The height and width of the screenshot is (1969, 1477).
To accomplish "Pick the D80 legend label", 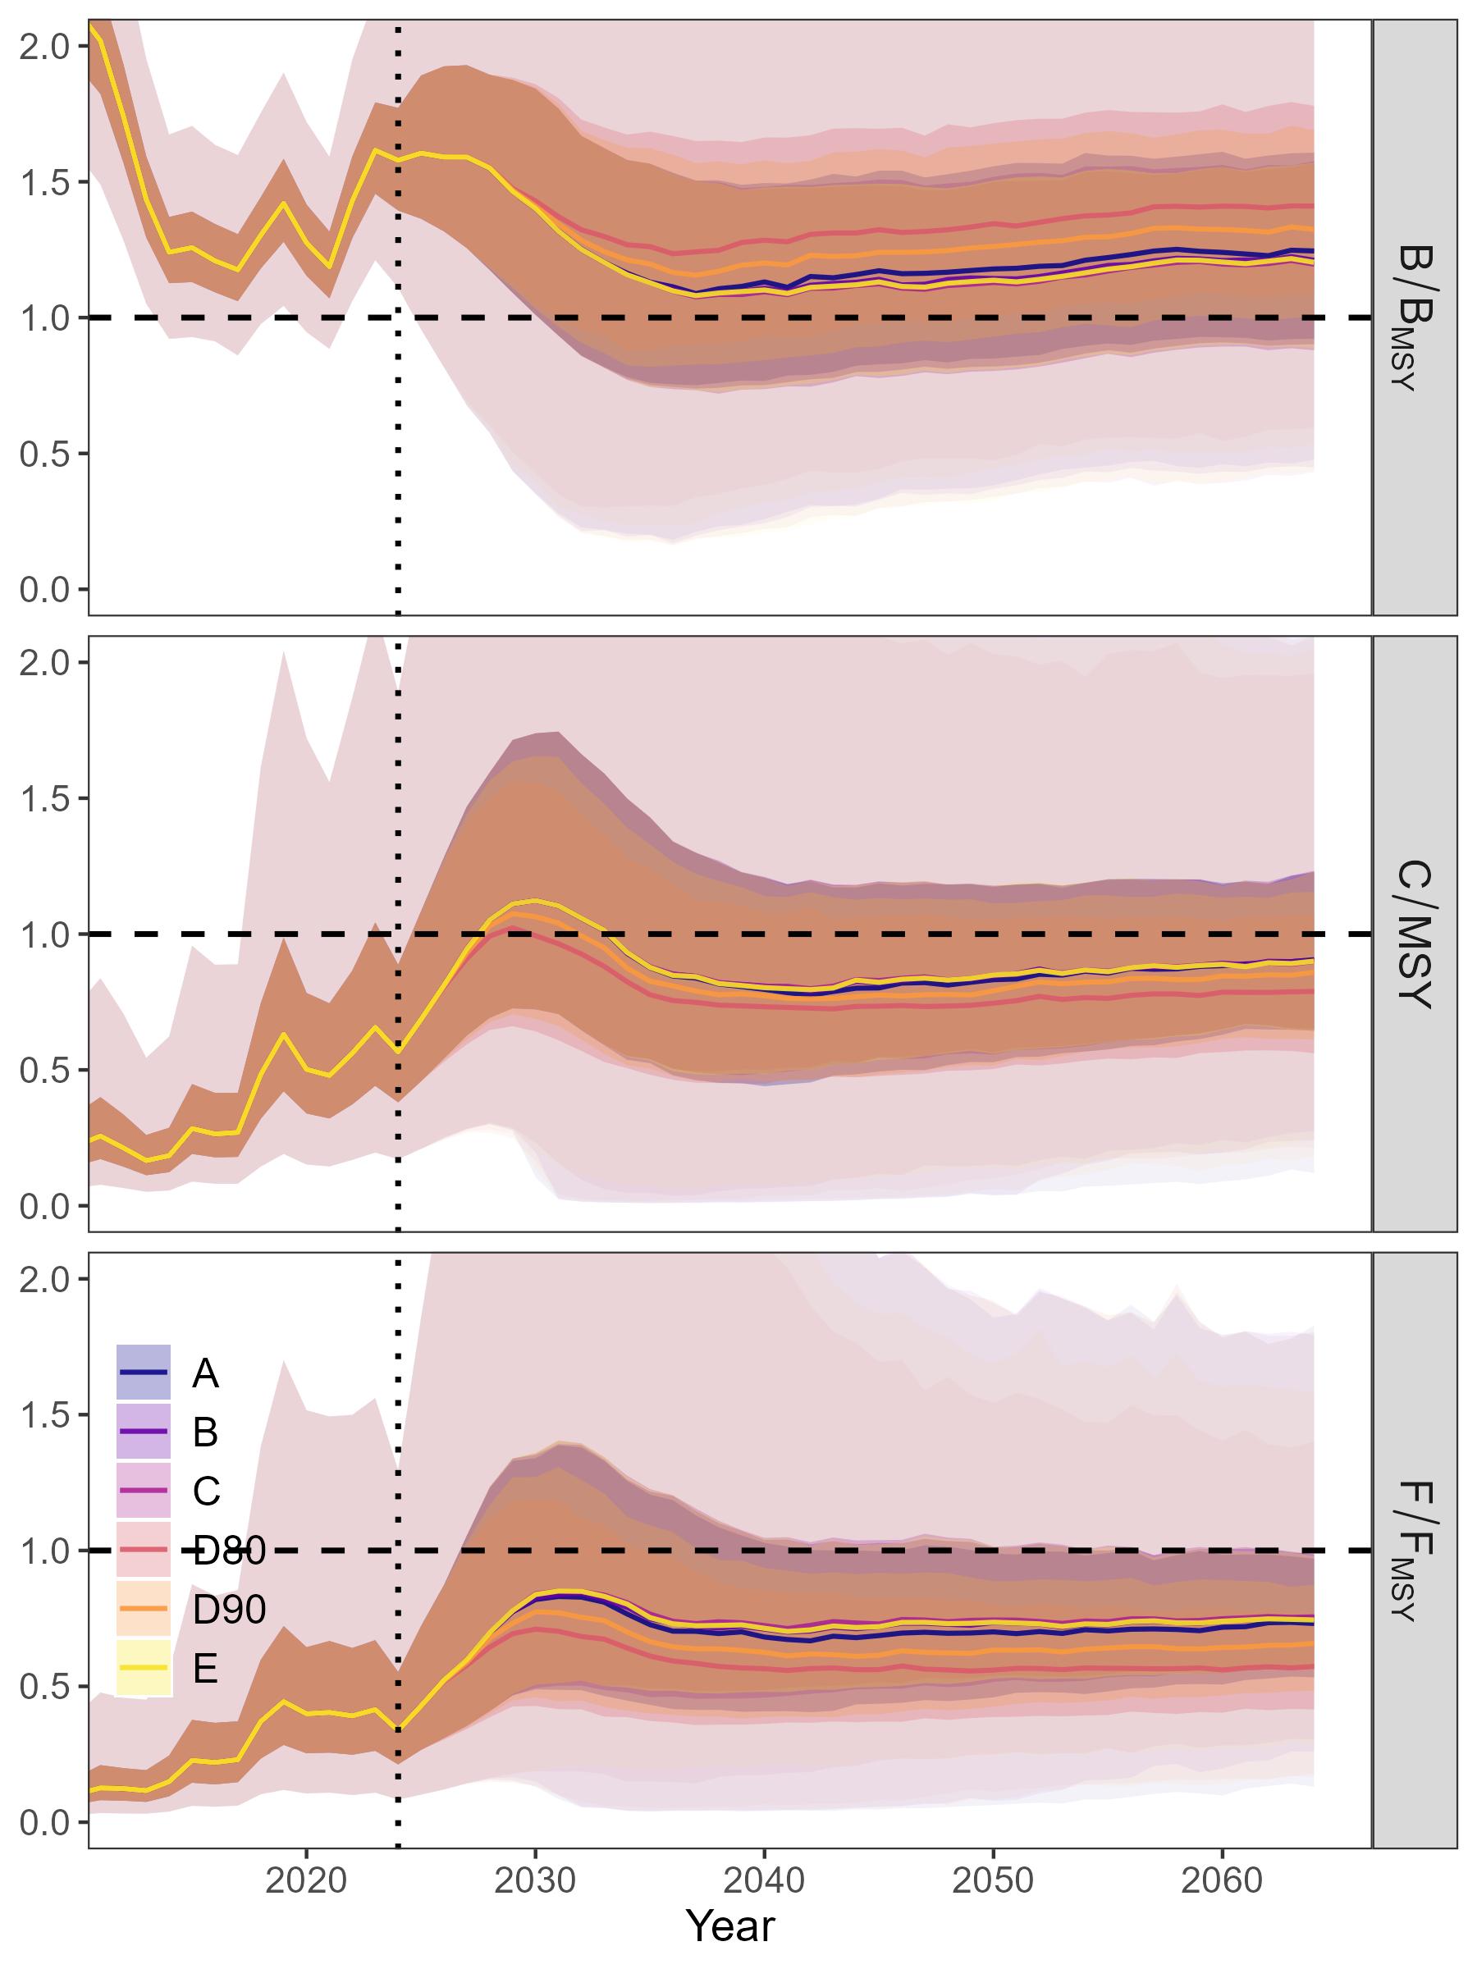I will coord(229,1551).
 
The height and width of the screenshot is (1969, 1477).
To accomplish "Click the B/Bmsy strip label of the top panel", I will coord(1414,317).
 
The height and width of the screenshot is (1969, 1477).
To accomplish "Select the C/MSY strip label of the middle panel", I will coord(1414,934).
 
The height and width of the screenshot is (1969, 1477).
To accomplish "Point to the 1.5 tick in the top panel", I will coord(44,181).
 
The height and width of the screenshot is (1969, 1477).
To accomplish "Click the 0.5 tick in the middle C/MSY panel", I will coord(44,1071).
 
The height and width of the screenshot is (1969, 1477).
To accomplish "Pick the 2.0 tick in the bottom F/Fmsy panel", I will coord(44,1279).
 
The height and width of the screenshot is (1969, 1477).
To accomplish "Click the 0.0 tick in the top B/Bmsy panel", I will coord(44,589).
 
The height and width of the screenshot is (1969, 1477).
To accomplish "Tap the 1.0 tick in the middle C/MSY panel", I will coord(44,934).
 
